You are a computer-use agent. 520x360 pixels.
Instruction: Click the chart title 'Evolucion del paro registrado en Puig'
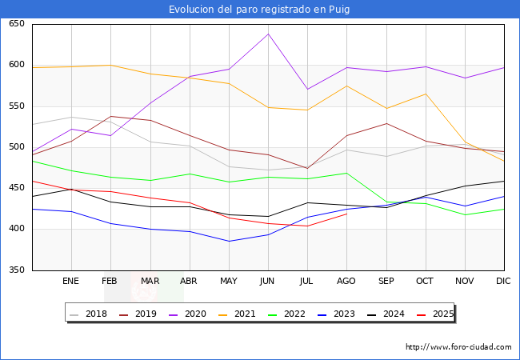point(260,10)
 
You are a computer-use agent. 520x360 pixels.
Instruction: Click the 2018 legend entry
point(91,314)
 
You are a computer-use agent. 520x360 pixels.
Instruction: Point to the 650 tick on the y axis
point(16,24)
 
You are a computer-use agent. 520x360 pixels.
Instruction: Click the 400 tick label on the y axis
point(16,230)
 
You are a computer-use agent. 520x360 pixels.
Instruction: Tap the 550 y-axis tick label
point(16,106)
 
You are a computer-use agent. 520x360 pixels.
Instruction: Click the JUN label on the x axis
point(268,281)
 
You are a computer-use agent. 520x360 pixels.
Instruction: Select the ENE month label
point(71,281)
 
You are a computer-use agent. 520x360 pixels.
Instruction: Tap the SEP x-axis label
point(386,281)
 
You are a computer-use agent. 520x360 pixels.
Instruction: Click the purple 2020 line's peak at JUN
point(268,34)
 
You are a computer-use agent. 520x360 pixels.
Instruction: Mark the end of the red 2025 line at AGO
point(346,214)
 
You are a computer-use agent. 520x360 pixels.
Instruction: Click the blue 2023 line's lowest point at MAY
point(229,241)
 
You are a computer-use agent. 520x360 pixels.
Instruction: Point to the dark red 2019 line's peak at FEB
point(110,117)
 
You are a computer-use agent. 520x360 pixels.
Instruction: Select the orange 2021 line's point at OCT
point(426,94)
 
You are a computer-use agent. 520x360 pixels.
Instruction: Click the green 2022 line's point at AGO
point(346,173)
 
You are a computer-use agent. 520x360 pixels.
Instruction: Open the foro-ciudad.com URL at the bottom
point(458,347)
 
